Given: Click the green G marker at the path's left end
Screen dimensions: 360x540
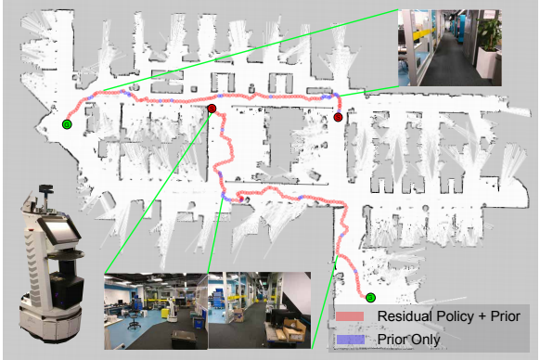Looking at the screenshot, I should (x=66, y=123).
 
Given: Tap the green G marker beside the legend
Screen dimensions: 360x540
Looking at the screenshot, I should (x=370, y=298).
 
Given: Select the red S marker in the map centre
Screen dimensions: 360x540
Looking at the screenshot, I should (x=212, y=109).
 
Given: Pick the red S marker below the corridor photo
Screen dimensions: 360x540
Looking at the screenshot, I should (x=339, y=117).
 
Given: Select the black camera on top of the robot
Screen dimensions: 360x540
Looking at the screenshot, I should (x=44, y=192).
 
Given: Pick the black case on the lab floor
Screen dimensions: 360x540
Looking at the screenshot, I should (x=196, y=320).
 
